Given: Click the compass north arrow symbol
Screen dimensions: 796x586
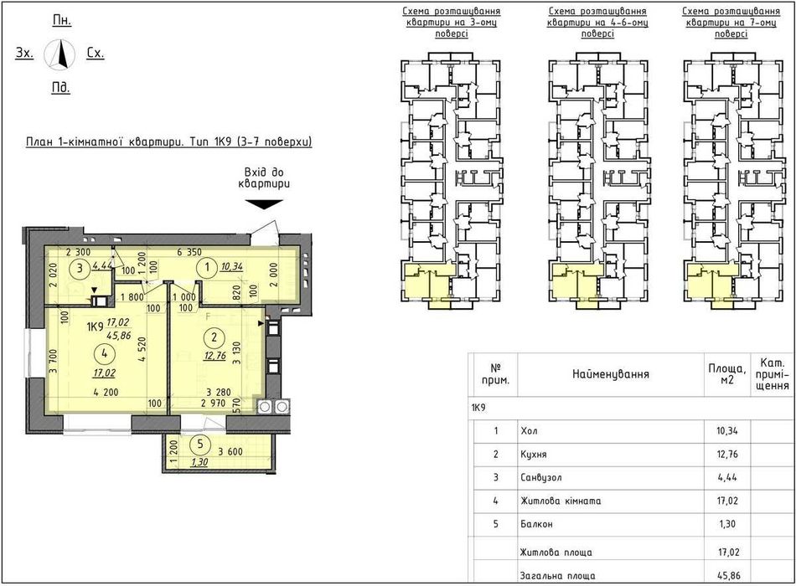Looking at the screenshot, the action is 59,54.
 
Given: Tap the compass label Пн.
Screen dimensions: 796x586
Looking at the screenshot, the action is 62,20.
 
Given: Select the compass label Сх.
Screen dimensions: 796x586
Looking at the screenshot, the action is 95,53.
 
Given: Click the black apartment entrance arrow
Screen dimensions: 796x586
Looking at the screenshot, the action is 264,204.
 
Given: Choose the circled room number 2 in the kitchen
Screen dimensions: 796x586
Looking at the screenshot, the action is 215,337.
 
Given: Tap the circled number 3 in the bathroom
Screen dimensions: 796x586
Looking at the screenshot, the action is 80,268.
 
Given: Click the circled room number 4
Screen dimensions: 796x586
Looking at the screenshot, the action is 104,353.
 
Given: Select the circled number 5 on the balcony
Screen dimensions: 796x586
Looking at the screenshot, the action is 200,445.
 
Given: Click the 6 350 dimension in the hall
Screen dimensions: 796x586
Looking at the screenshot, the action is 189,252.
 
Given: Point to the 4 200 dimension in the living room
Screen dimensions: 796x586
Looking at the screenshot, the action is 106,392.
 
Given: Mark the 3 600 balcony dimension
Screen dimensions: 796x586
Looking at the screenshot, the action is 230,451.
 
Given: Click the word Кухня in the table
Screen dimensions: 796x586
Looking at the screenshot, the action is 534,454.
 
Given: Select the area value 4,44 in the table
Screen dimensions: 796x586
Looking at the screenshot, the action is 727,477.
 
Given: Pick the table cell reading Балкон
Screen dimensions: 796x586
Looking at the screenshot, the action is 536,524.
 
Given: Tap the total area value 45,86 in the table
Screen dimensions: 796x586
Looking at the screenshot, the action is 727,576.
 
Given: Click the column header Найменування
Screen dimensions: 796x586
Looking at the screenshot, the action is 611,374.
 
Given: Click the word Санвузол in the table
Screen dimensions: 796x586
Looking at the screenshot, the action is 541,477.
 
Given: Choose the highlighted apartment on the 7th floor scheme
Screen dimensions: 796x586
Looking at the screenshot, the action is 711,284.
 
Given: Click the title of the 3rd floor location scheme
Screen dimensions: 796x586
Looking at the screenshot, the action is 452,23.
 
